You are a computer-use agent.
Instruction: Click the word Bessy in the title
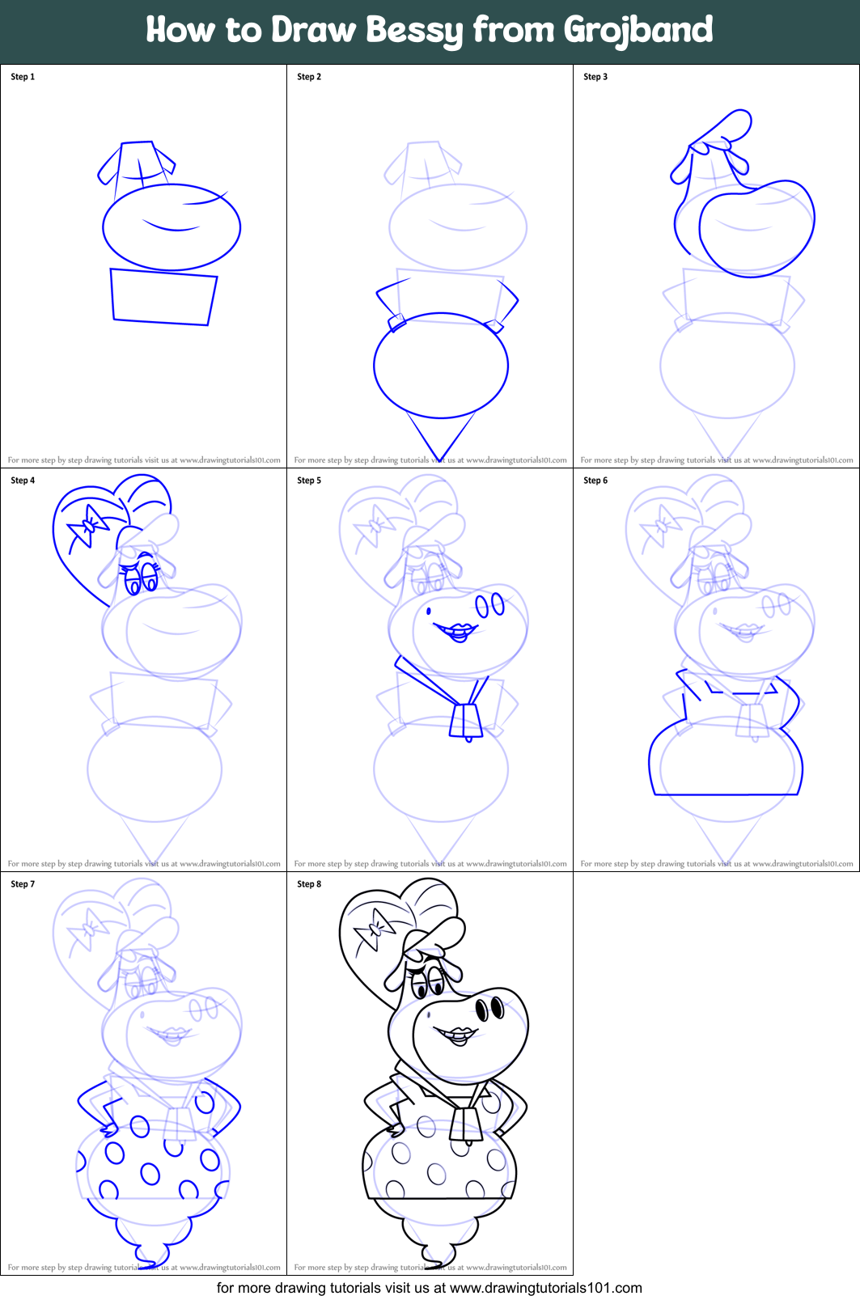415,31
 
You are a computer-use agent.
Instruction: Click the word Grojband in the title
638,31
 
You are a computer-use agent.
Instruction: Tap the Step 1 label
23,77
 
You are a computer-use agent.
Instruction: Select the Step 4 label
23,481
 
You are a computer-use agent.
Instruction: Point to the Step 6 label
595,481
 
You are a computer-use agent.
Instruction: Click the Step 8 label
309,884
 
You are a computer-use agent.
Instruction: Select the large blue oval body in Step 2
441,366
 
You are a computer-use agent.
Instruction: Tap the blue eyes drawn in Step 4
142,577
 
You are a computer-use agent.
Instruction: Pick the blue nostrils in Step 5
489,605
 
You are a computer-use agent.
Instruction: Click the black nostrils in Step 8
489,1009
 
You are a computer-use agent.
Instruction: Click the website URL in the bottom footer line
545,1288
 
